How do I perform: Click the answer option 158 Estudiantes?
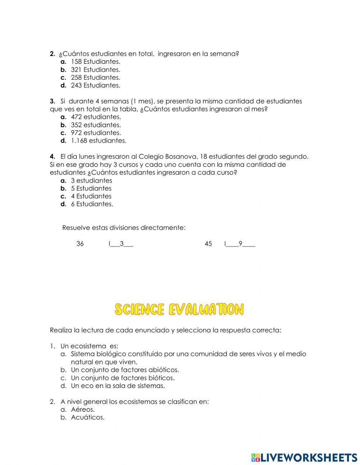95,62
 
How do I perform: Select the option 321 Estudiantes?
95,70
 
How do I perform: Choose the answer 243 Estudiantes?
95,85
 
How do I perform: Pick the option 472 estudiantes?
95,117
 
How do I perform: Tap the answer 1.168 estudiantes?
98,141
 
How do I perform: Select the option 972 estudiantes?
95,133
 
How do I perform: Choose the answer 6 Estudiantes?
91,204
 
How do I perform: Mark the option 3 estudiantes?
91,180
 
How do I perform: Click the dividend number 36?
80,244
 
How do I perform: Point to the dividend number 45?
208,244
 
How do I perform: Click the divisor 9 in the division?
240,244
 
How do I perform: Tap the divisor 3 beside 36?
122,244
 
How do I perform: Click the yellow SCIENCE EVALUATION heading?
179,309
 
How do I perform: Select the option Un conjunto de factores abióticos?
125,370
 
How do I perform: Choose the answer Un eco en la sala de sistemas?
117,386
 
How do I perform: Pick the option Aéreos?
82,410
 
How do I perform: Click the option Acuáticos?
87,417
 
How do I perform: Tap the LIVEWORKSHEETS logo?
304,457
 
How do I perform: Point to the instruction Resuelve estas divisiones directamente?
124,228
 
